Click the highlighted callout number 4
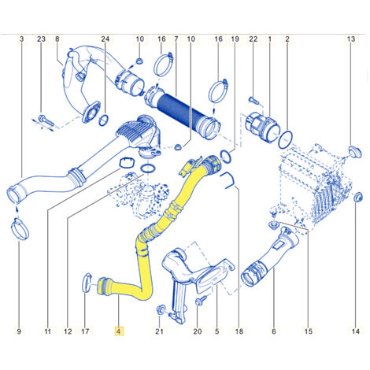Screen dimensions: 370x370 (119, 331)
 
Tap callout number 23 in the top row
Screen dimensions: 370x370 (41, 39)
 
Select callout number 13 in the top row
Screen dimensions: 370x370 (351, 39)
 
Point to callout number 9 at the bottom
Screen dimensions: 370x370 (19, 331)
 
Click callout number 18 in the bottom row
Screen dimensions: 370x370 (239, 331)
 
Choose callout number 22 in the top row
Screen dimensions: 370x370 (253, 39)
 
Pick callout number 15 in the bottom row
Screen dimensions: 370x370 (309, 331)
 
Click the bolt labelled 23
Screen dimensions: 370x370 (46, 120)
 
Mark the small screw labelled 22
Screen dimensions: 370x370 (253, 100)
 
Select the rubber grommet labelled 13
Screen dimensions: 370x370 (355, 153)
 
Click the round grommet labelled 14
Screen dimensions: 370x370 (358, 198)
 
